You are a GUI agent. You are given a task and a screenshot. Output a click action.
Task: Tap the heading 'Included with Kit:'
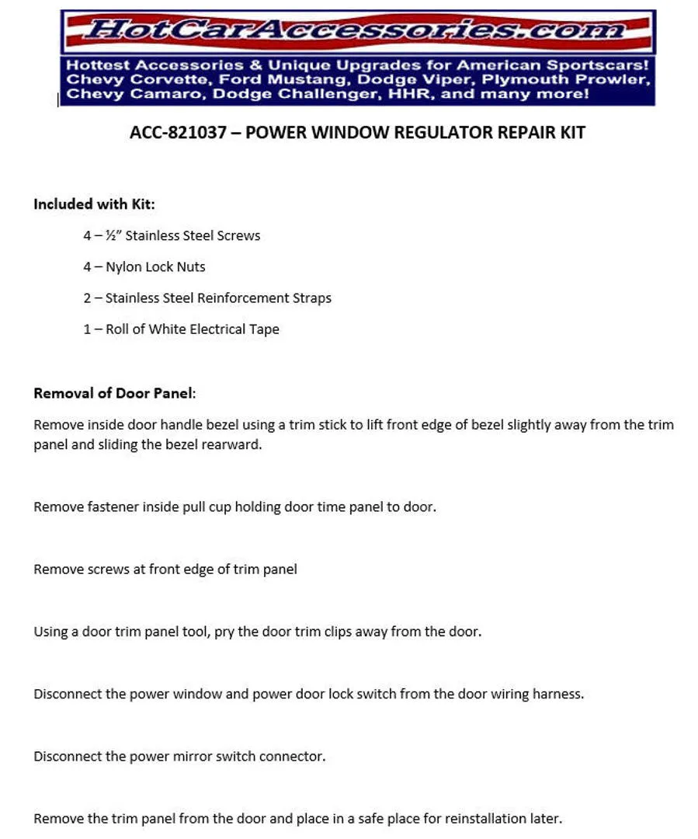(x=94, y=204)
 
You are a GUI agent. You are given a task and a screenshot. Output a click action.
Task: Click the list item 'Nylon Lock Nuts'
(x=155, y=266)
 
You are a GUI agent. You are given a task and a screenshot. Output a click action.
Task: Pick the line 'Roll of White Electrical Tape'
(x=192, y=329)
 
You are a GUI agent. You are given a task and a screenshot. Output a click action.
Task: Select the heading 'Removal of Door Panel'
(x=113, y=392)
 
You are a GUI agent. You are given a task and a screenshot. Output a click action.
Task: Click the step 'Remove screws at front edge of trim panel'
(x=165, y=569)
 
